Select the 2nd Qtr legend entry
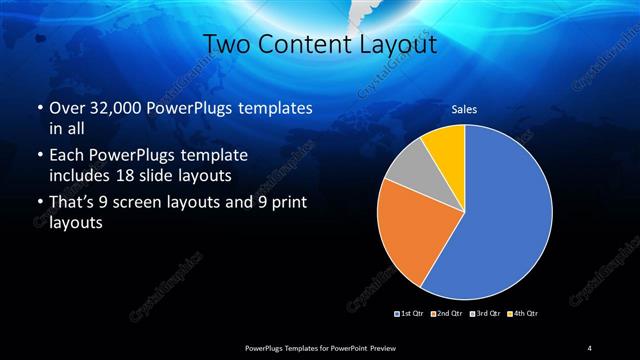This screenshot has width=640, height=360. coord(447,314)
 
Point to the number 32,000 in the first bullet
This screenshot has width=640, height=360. coord(116,109)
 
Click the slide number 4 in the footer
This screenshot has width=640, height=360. coord(590,347)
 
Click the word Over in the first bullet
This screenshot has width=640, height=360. coord(66,109)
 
